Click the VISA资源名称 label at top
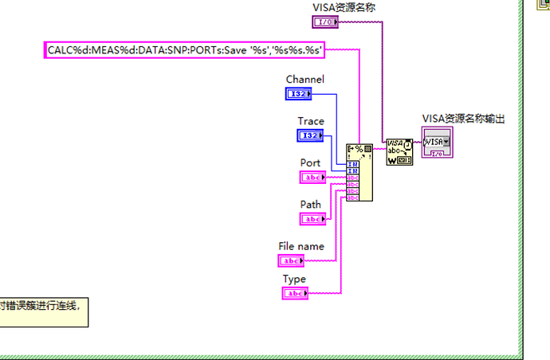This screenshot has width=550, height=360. click(344, 7)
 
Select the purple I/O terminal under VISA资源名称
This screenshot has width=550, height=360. click(327, 22)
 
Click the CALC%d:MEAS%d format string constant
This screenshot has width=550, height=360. click(183, 50)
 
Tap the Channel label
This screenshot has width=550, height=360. click(304, 80)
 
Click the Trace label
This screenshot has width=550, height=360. click(311, 121)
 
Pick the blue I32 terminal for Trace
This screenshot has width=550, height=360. click(311, 135)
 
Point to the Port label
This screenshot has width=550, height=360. click(310, 162)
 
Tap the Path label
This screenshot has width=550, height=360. click(310, 205)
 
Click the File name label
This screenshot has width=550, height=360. click(301, 246)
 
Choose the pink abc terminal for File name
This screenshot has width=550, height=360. click(291, 260)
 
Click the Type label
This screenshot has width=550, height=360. click(294, 279)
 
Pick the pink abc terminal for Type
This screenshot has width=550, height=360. click(295, 294)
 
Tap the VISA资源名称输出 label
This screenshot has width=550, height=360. click(464, 119)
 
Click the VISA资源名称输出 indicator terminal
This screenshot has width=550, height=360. click(437, 142)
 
